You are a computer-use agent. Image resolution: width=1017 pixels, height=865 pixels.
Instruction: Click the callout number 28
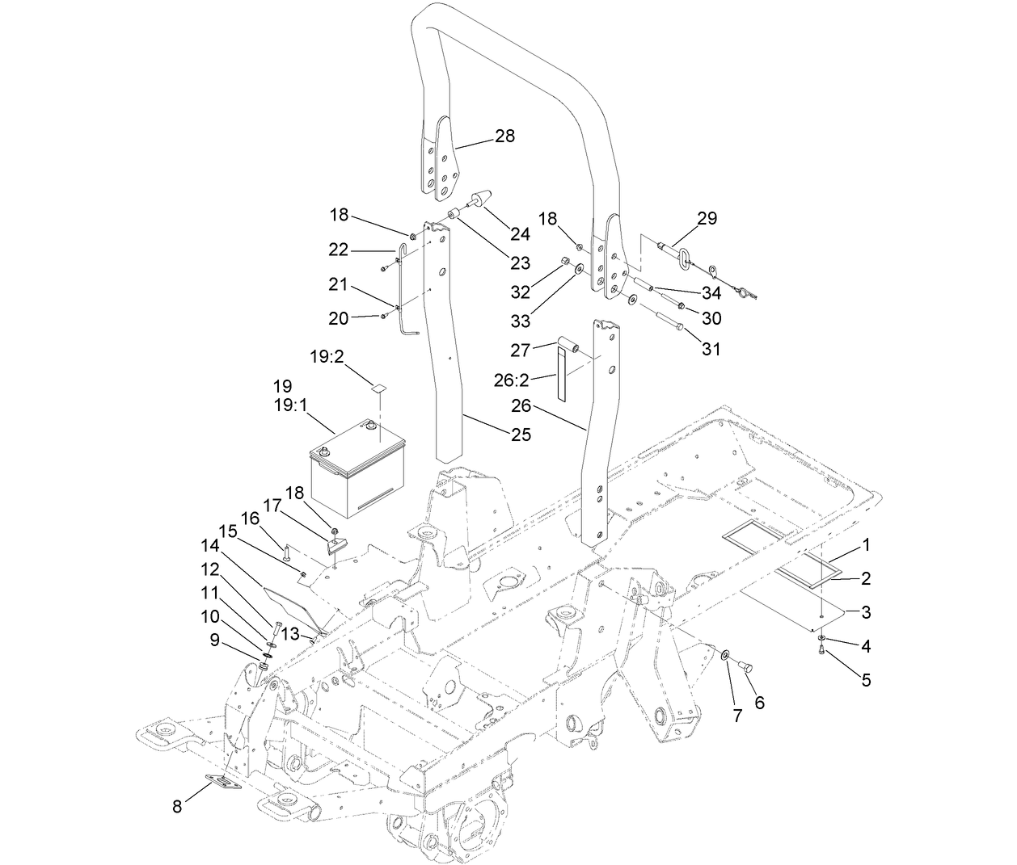504,136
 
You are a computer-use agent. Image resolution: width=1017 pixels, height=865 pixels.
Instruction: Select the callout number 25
521,435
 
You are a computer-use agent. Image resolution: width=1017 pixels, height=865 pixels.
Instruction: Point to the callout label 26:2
511,380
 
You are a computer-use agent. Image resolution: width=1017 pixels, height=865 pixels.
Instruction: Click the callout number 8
177,805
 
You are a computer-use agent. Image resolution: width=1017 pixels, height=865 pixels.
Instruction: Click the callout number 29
707,219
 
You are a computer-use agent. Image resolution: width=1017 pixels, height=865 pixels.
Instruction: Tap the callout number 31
711,350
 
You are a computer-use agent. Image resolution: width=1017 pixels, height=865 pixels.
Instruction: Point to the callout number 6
759,703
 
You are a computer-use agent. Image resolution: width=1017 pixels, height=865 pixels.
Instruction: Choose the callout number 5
866,680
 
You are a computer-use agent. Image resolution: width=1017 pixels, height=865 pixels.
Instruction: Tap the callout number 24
520,233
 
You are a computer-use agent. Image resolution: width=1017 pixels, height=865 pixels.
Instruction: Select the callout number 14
210,546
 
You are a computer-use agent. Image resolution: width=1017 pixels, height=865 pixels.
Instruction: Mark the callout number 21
338,283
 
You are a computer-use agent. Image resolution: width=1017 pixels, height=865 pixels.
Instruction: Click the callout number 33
521,321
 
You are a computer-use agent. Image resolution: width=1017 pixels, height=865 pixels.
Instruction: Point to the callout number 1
866,545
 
